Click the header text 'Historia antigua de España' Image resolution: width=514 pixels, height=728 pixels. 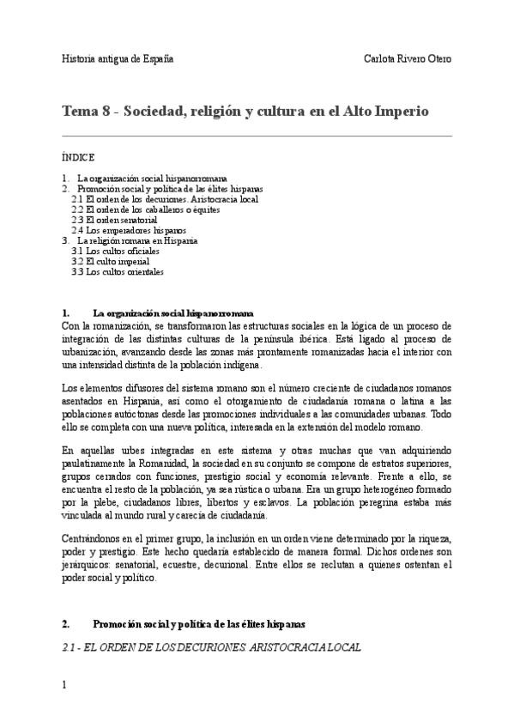[x=118, y=59]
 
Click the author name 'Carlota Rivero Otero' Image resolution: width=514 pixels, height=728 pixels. [x=408, y=59]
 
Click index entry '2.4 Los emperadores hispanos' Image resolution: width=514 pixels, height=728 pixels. [x=130, y=230]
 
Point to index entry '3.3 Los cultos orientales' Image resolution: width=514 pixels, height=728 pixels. [x=118, y=272]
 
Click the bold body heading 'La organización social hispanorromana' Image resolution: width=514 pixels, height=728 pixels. [x=172, y=313]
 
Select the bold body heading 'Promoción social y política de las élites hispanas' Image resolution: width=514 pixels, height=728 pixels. [x=198, y=622]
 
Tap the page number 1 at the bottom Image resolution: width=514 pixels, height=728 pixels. [x=64, y=686]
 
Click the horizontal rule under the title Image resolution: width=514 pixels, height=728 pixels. [x=257, y=136]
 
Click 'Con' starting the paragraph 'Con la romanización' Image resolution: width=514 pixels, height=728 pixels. [x=70, y=325]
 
